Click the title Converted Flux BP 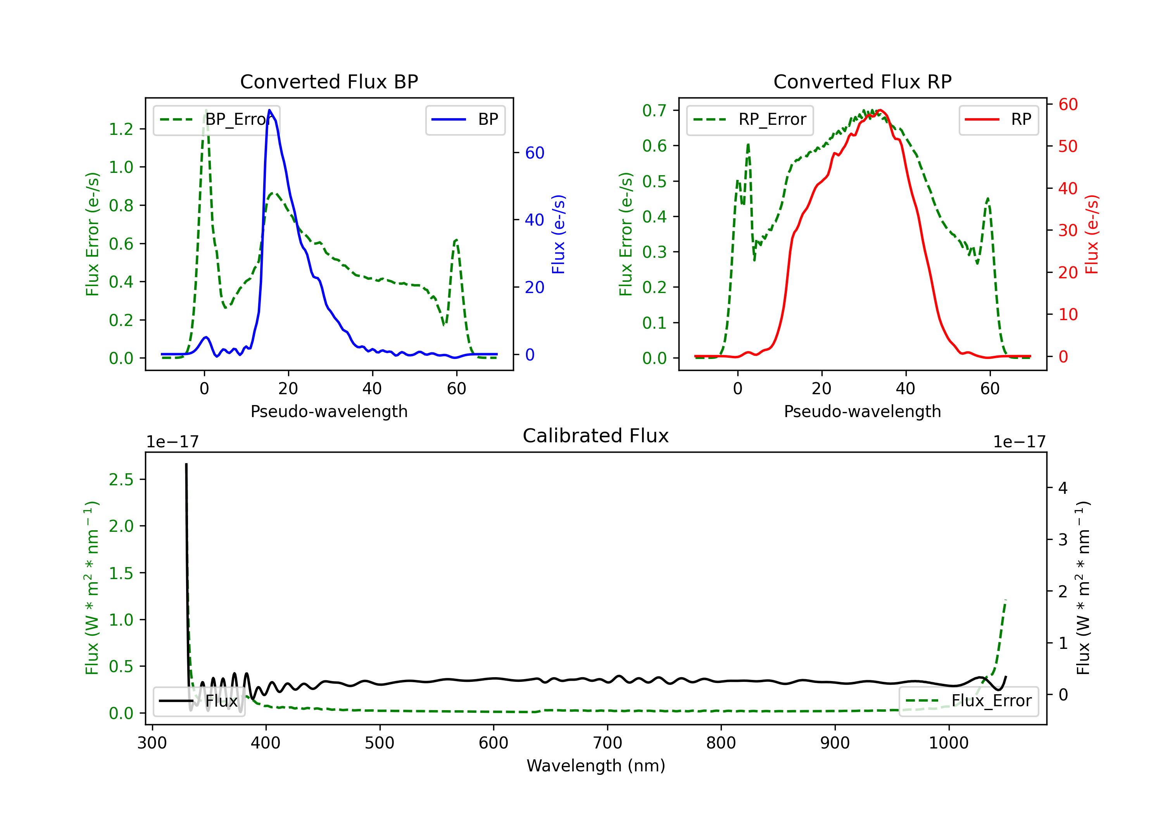(x=329, y=81)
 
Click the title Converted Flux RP (x=862, y=81)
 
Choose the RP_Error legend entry (x=750, y=119)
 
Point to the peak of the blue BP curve (x=269, y=110)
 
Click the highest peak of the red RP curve (x=880, y=110)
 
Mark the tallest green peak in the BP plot (x=205, y=110)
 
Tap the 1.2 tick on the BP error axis (x=121, y=129)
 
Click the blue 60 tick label (x=534, y=153)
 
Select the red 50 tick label (x=1068, y=147)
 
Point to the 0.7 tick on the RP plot (x=654, y=110)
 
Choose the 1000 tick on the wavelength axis (x=948, y=743)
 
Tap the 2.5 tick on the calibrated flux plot (x=121, y=480)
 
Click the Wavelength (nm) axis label (x=596, y=766)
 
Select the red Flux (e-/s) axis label (x=1092, y=234)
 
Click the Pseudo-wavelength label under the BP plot (x=329, y=411)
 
